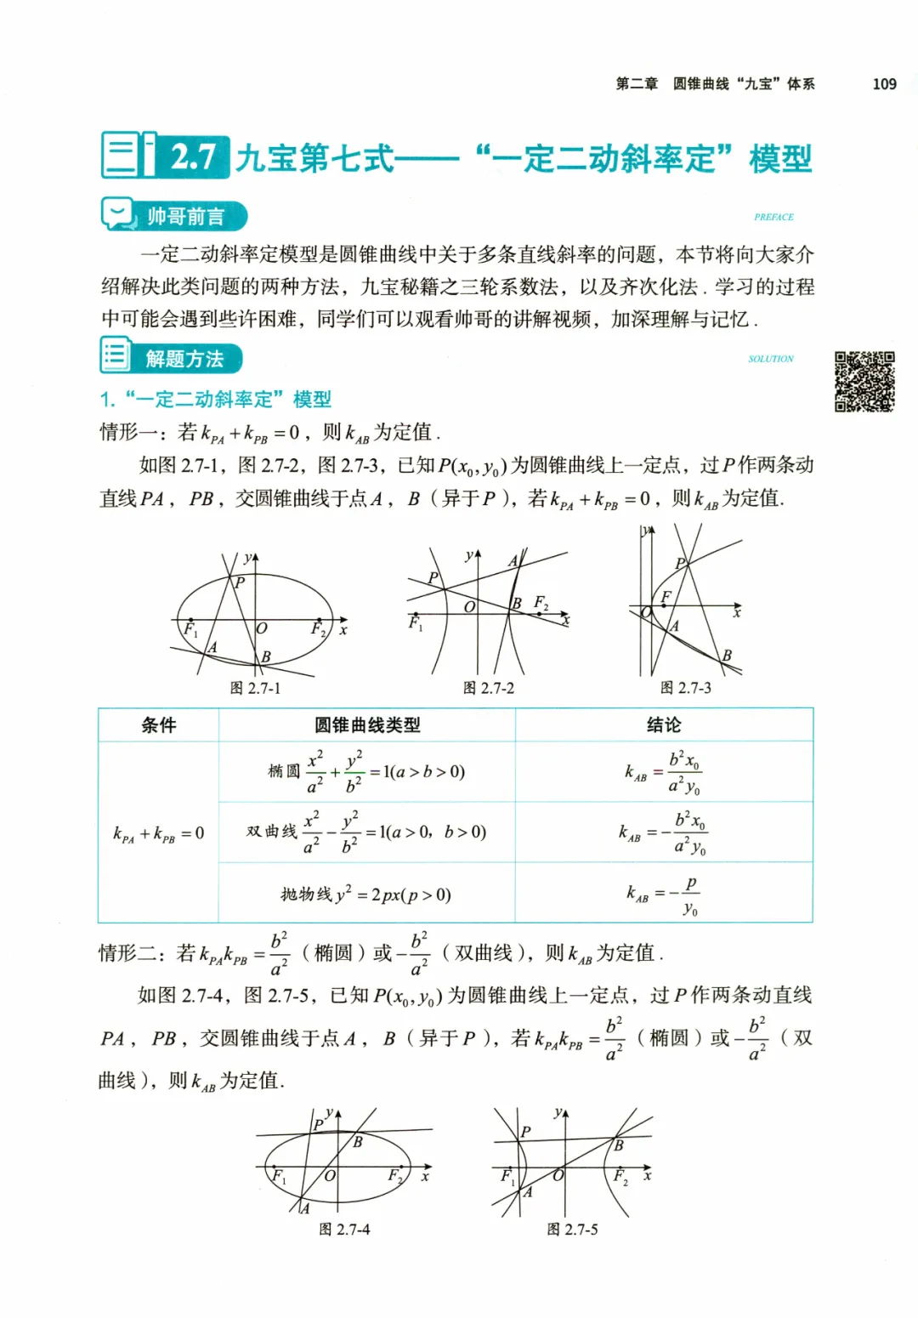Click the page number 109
[884, 83]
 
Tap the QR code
[864, 381]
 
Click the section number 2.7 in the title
[193, 156]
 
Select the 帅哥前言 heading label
[185, 216]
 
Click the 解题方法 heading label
[184, 359]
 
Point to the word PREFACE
[773, 217]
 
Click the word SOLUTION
[771, 359]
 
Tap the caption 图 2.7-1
[255, 688]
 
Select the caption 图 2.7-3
[685, 688]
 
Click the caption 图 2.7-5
[572, 1230]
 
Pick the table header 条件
[159, 725]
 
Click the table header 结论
[664, 725]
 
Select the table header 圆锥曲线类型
[367, 725]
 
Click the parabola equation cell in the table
[366, 894]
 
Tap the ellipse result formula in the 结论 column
[664, 772]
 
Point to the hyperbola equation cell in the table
[366, 832]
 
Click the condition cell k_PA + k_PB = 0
[159, 833]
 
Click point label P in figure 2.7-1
[240, 582]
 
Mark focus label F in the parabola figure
[666, 597]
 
